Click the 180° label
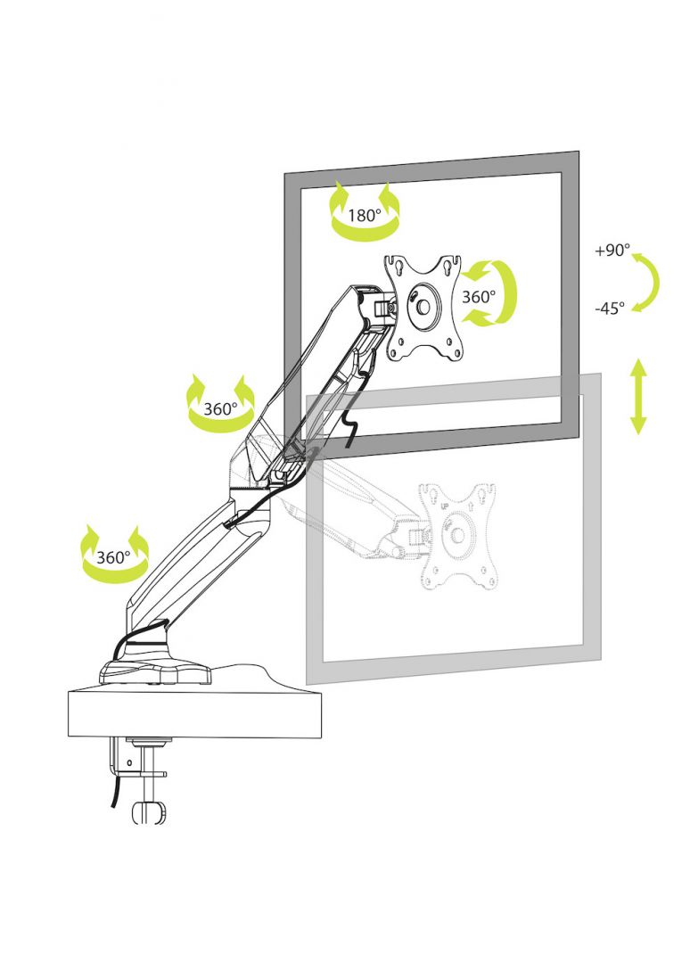pos(365,215)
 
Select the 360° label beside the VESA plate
pos(479,296)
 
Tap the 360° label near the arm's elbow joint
pos(219,409)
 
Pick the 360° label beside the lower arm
pos(113,557)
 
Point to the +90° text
pos(612,251)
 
